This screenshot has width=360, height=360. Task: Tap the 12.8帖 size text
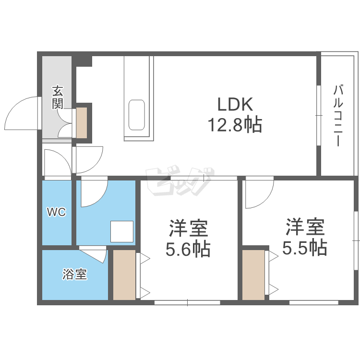point(235,125)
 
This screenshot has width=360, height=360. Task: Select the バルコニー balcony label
point(338,116)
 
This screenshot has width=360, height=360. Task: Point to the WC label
point(56,212)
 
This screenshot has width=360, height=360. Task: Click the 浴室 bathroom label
point(74,275)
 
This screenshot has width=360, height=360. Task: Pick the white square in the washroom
point(122,231)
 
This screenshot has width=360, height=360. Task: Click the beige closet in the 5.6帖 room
point(124,275)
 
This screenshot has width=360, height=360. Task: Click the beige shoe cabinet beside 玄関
point(82,123)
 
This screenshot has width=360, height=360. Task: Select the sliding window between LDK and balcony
point(318,116)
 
